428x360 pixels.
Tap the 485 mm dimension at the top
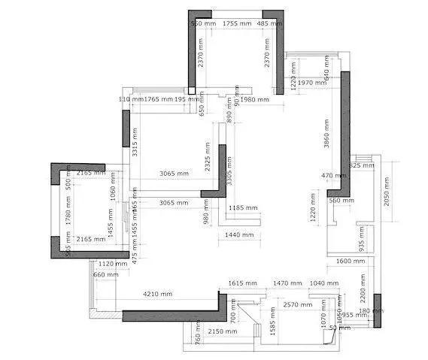pos(269,24)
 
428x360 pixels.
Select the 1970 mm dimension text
pos(310,83)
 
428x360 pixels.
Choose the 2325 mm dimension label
pos(208,158)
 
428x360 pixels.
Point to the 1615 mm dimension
pos(242,283)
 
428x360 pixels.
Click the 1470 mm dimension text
pos(287,283)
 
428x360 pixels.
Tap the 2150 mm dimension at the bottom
pos(221,331)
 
